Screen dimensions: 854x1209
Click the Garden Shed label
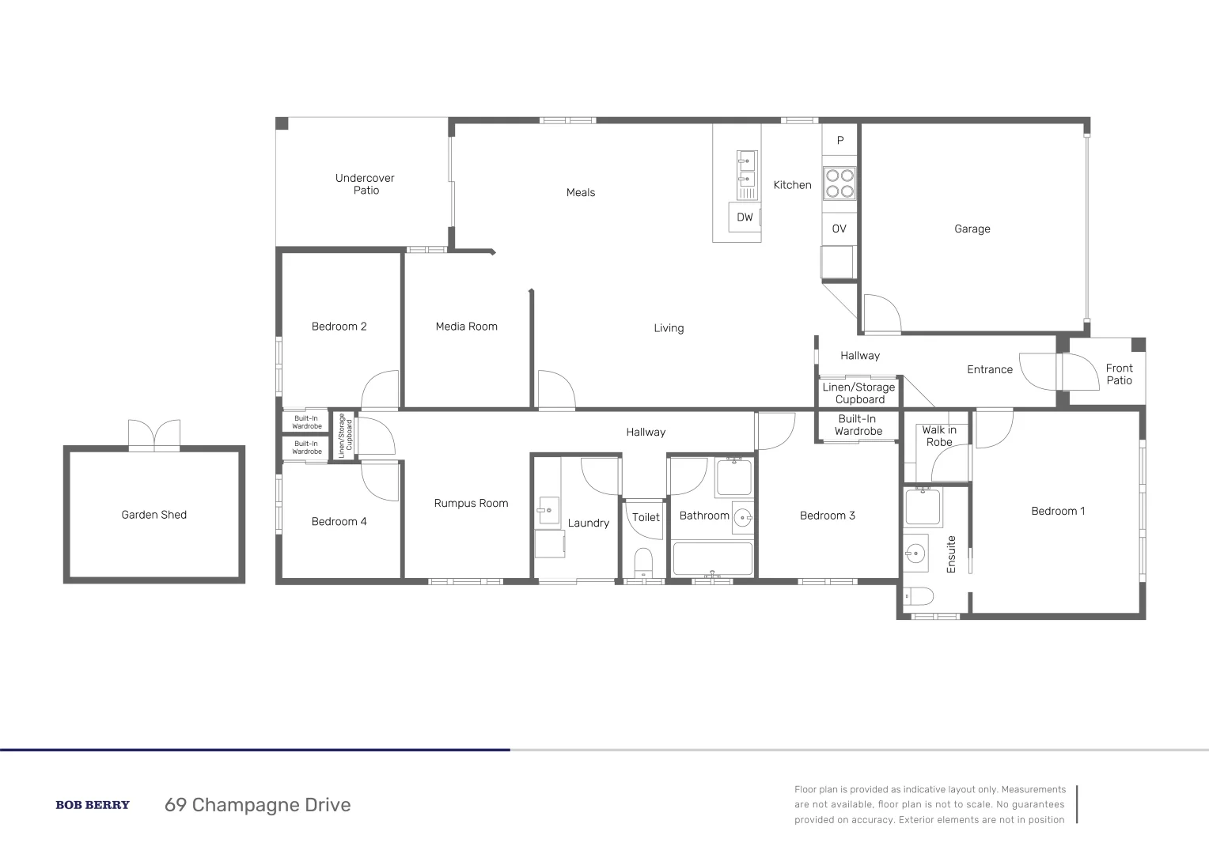point(153,515)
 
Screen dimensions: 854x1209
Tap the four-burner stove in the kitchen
point(839,183)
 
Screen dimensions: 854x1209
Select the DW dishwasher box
point(745,217)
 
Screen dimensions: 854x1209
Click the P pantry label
point(840,140)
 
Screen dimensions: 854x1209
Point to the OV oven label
point(839,229)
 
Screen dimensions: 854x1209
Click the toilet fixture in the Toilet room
point(644,563)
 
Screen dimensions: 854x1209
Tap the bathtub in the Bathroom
point(712,559)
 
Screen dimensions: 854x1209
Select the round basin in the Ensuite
point(916,551)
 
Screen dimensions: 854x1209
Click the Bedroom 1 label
point(1058,511)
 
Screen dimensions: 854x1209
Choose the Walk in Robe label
point(939,436)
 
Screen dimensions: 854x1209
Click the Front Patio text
point(1119,374)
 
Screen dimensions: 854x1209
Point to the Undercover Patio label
point(365,184)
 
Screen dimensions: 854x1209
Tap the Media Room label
point(466,326)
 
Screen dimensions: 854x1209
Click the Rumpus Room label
point(471,503)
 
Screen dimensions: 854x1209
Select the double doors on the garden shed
point(154,434)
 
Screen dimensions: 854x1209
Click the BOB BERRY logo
point(93,805)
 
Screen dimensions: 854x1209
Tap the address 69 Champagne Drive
point(257,805)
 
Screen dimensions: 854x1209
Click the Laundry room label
point(589,523)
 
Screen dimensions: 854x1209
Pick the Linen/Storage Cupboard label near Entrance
point(858,393)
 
